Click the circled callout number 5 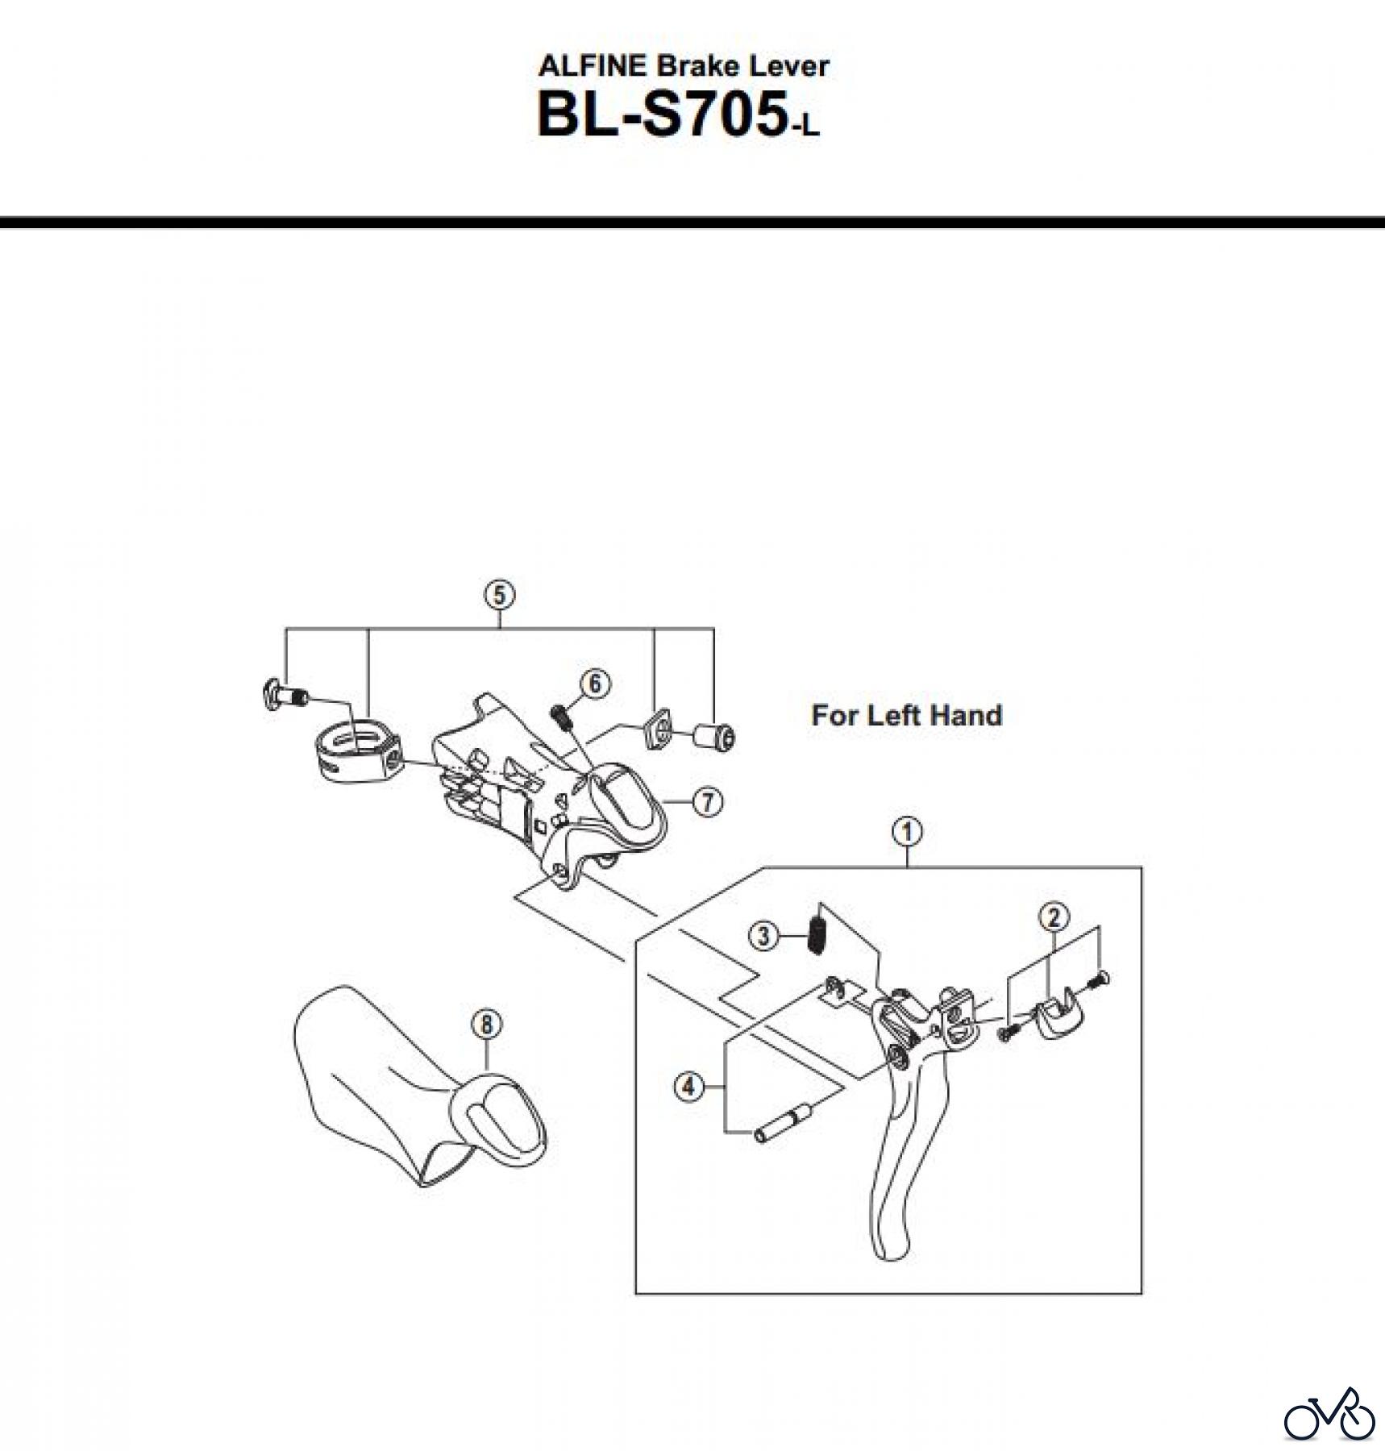click(x=499, y=595)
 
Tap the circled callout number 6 click(x=595, y=684)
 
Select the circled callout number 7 click(x=707, y=801)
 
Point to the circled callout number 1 click(x=907, y=831)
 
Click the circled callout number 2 click(x=1054, y=917)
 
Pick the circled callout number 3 click(x=763, y=936)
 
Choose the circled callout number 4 click(x=688, y=1087)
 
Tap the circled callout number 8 click(x=486, y=1025)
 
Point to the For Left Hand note click(x=906, y=715)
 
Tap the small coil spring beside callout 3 click(x=817, y=932)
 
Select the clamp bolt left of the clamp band click(x=285, y=694)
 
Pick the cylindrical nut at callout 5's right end click(x=715, y=736)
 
